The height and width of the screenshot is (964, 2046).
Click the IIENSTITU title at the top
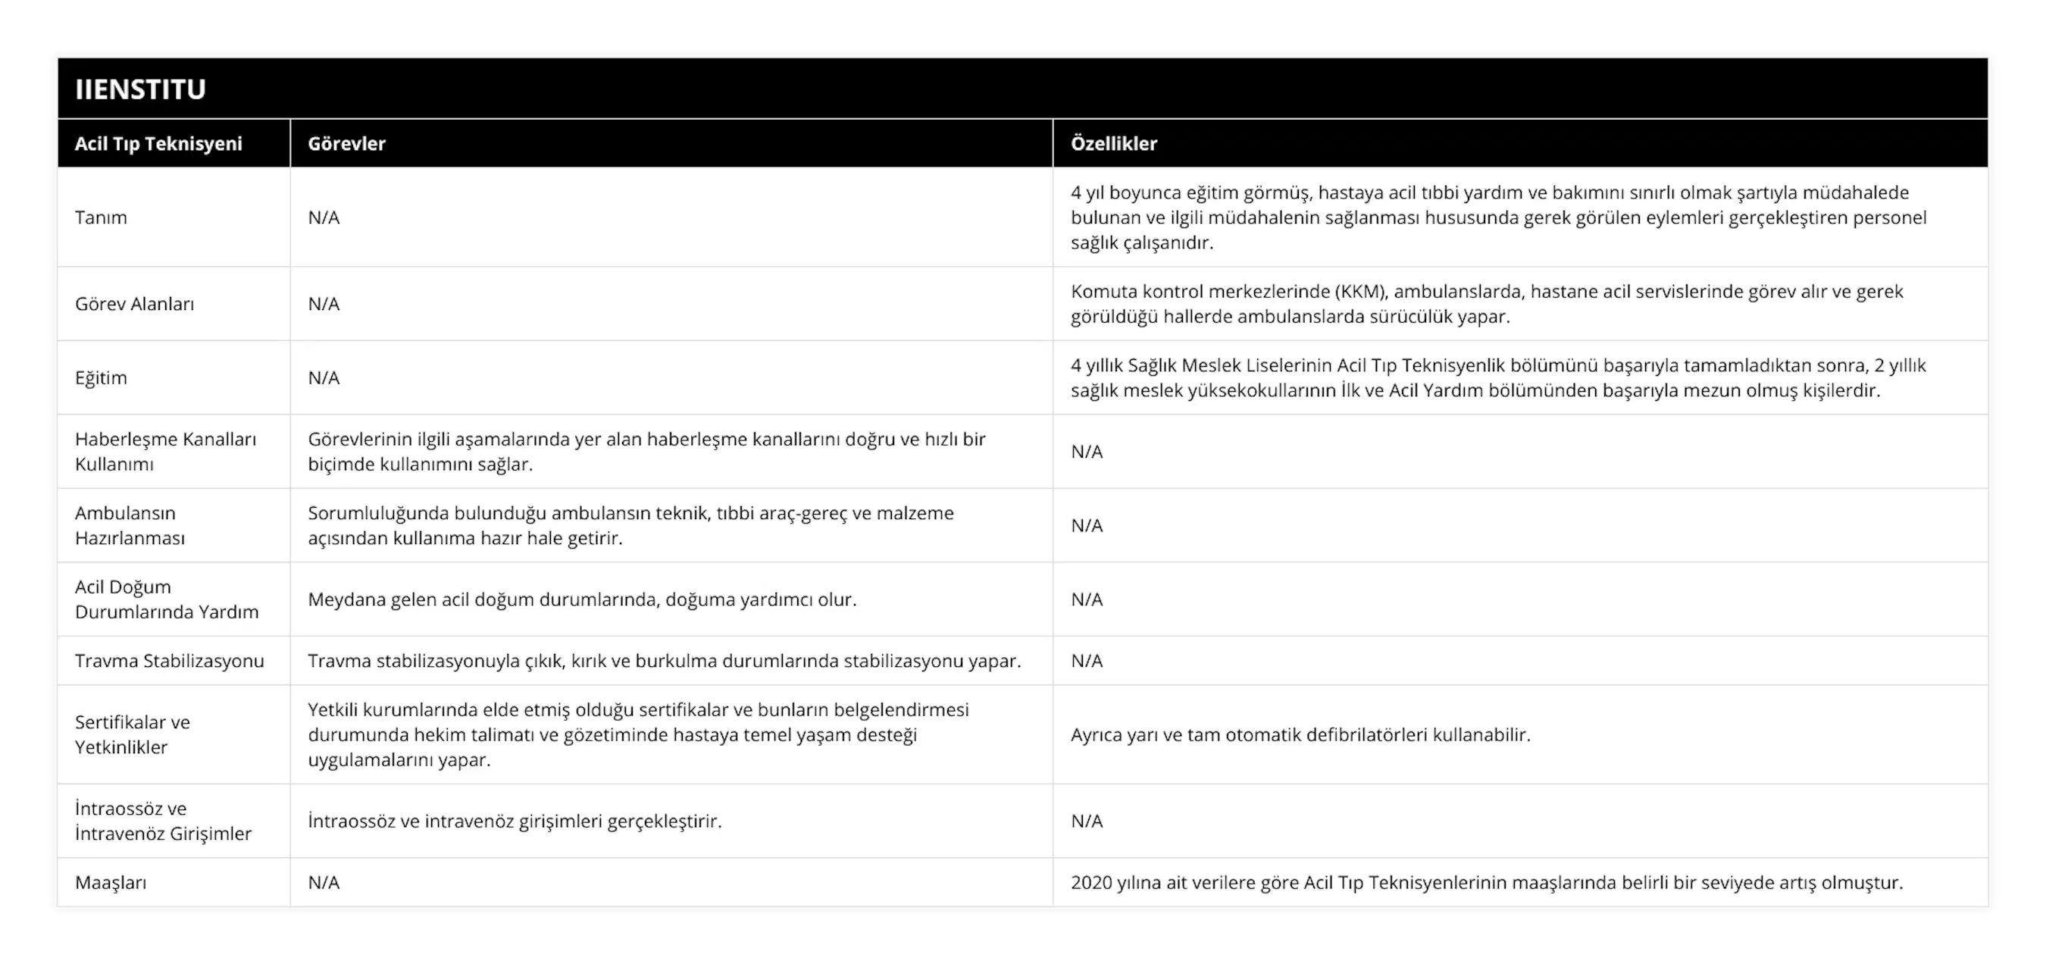tap(141, 89)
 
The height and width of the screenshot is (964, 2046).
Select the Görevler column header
tap(346, 144)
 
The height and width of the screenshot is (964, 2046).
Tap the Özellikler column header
tap(1113, 144)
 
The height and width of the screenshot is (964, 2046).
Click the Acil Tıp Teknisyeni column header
tap(158, 144)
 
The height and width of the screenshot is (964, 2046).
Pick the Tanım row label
tap(101, 218)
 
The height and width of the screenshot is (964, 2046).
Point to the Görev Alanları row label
tap(134, 304)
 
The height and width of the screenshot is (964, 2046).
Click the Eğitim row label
tap(101, 378)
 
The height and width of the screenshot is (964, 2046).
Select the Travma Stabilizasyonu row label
tap(169, 661)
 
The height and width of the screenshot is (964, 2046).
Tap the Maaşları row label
tap(111, 882)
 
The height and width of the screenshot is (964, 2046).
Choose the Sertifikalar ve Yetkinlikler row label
tap(133, 734)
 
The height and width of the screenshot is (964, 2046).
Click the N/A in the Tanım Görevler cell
tap(324, 218)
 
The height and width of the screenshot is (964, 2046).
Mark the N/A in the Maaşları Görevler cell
tap(324, 882)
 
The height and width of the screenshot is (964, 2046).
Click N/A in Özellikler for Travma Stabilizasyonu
tap(1087, 661)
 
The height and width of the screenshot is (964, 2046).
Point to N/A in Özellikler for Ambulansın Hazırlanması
tap(1087, 526)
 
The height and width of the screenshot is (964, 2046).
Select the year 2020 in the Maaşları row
tap(1091, 882)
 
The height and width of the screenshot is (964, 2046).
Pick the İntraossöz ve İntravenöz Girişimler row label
tap(163, 821)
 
